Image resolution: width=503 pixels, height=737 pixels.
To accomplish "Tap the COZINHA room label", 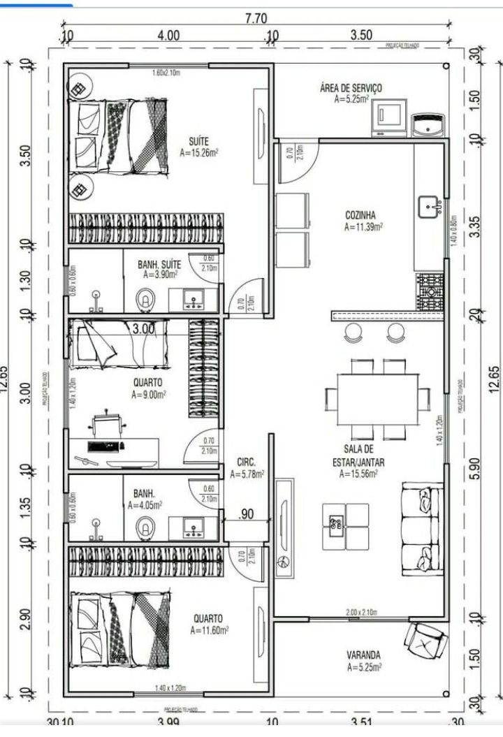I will (361, 215).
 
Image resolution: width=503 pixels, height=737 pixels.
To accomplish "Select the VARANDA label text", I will (363, 655).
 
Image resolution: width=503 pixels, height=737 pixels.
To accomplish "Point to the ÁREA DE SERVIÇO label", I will (351, 88).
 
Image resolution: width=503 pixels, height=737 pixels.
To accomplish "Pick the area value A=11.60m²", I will (210, 630).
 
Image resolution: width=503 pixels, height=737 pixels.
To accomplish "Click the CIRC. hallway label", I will (247, 462).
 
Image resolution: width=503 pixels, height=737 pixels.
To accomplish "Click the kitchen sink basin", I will (429, 207).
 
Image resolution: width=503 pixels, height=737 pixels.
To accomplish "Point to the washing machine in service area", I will (388, 115).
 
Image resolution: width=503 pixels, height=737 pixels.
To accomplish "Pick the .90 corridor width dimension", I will (246, 515).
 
